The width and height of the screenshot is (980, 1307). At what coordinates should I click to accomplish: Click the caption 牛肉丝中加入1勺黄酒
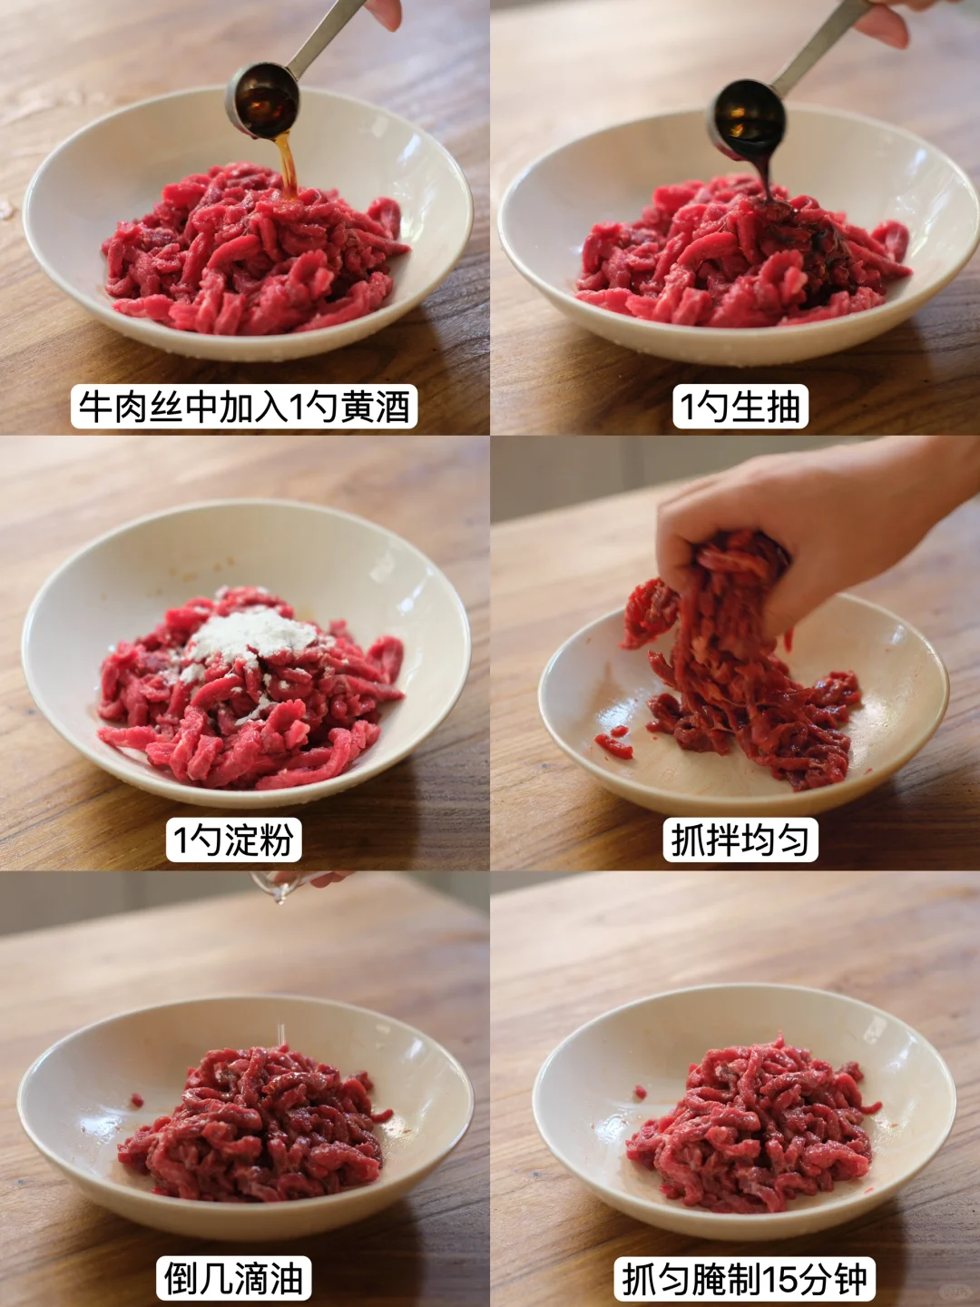245,407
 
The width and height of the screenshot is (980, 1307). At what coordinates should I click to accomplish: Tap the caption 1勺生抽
740,407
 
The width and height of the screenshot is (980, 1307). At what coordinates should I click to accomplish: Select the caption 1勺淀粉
234,840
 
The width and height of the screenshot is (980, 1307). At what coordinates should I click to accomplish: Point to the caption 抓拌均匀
740,840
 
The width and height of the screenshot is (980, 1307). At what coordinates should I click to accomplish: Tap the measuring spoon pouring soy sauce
773,89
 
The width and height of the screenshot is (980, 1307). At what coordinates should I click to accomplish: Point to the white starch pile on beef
253,637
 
